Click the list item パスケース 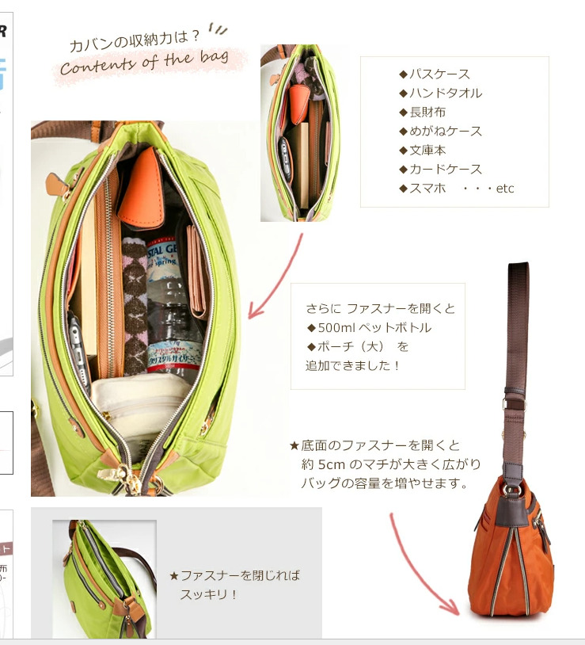tap(439, 74)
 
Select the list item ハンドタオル tap(446, 93)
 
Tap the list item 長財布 tap(427, 112)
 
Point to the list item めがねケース tap(446, 132)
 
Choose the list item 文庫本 tap(427, 150)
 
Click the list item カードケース tap(446, 169)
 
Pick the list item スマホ tap(427, 188)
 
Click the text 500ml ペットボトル tap(374, 327)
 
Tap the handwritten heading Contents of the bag tap(145, 62)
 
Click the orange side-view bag tap(511, 547)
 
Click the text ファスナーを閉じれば tap(241, 575)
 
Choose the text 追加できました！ tap(352, 365)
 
